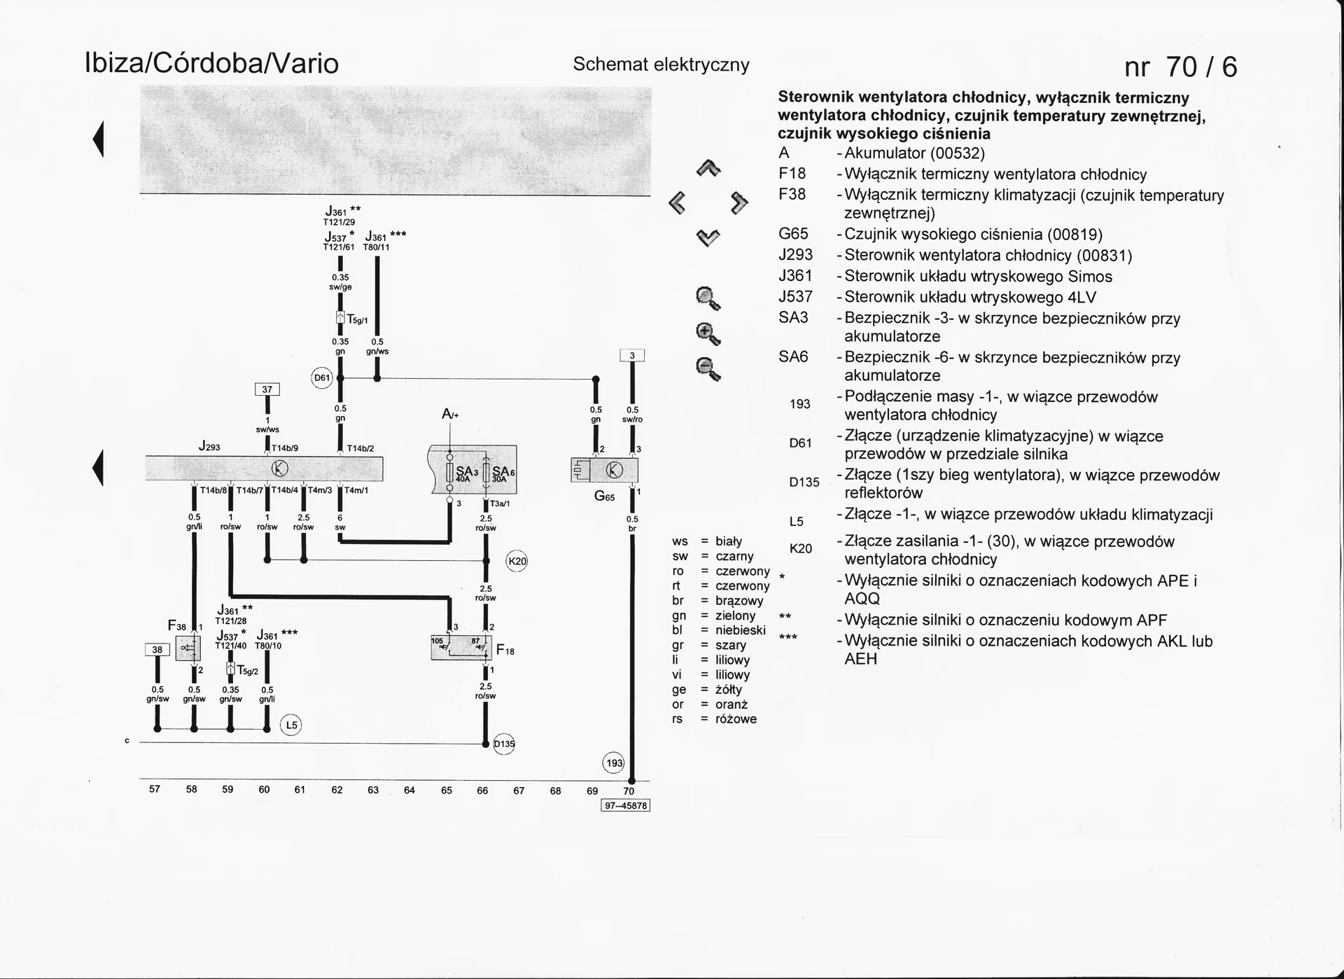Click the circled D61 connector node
321,378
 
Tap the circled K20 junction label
517,561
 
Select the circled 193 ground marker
614,763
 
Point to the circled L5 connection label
290,725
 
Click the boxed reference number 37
267,390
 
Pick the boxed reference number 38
157,649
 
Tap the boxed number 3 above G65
632,356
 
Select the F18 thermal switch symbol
460,648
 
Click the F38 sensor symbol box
188,648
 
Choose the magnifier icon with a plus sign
708,333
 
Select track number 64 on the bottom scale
409,790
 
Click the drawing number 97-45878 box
626,805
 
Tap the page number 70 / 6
1180,67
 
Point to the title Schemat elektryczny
661,64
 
